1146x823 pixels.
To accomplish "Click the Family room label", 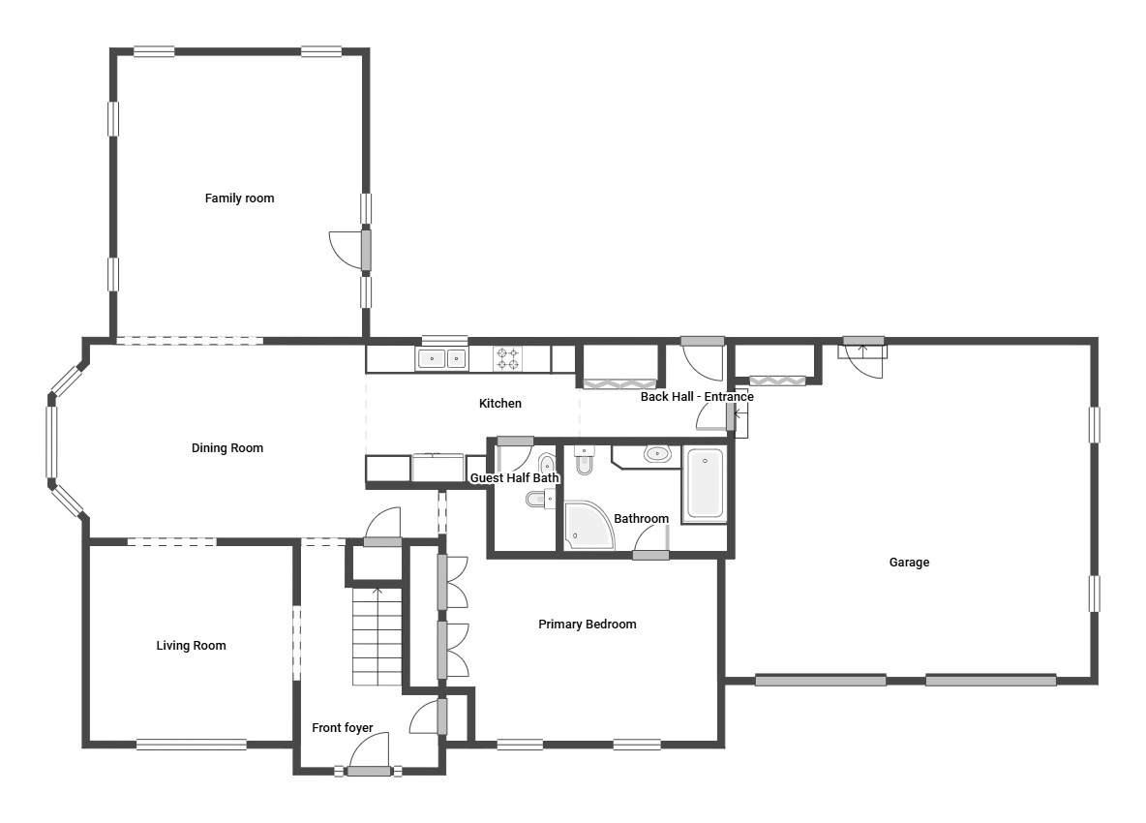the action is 239,198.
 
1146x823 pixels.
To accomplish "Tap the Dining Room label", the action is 227,448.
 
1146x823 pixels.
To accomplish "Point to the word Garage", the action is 909,563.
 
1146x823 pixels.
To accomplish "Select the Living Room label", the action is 191,646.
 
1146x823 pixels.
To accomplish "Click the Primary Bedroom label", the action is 587,625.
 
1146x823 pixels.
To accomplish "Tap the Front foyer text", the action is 342,728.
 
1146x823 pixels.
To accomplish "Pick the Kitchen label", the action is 499,404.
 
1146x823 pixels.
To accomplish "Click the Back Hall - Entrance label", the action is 697,397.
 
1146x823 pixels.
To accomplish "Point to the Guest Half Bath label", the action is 515,478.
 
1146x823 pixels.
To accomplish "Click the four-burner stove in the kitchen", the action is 508,358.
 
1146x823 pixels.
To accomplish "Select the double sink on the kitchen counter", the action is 441,359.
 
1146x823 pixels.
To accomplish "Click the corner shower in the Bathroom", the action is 589,526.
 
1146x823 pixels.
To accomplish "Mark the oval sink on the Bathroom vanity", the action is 658,454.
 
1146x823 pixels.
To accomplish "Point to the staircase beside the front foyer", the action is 377,636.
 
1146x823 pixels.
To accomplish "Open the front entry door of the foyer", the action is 369,771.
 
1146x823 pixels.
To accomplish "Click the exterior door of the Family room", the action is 366,249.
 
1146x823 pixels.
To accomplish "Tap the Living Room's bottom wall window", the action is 192,745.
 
